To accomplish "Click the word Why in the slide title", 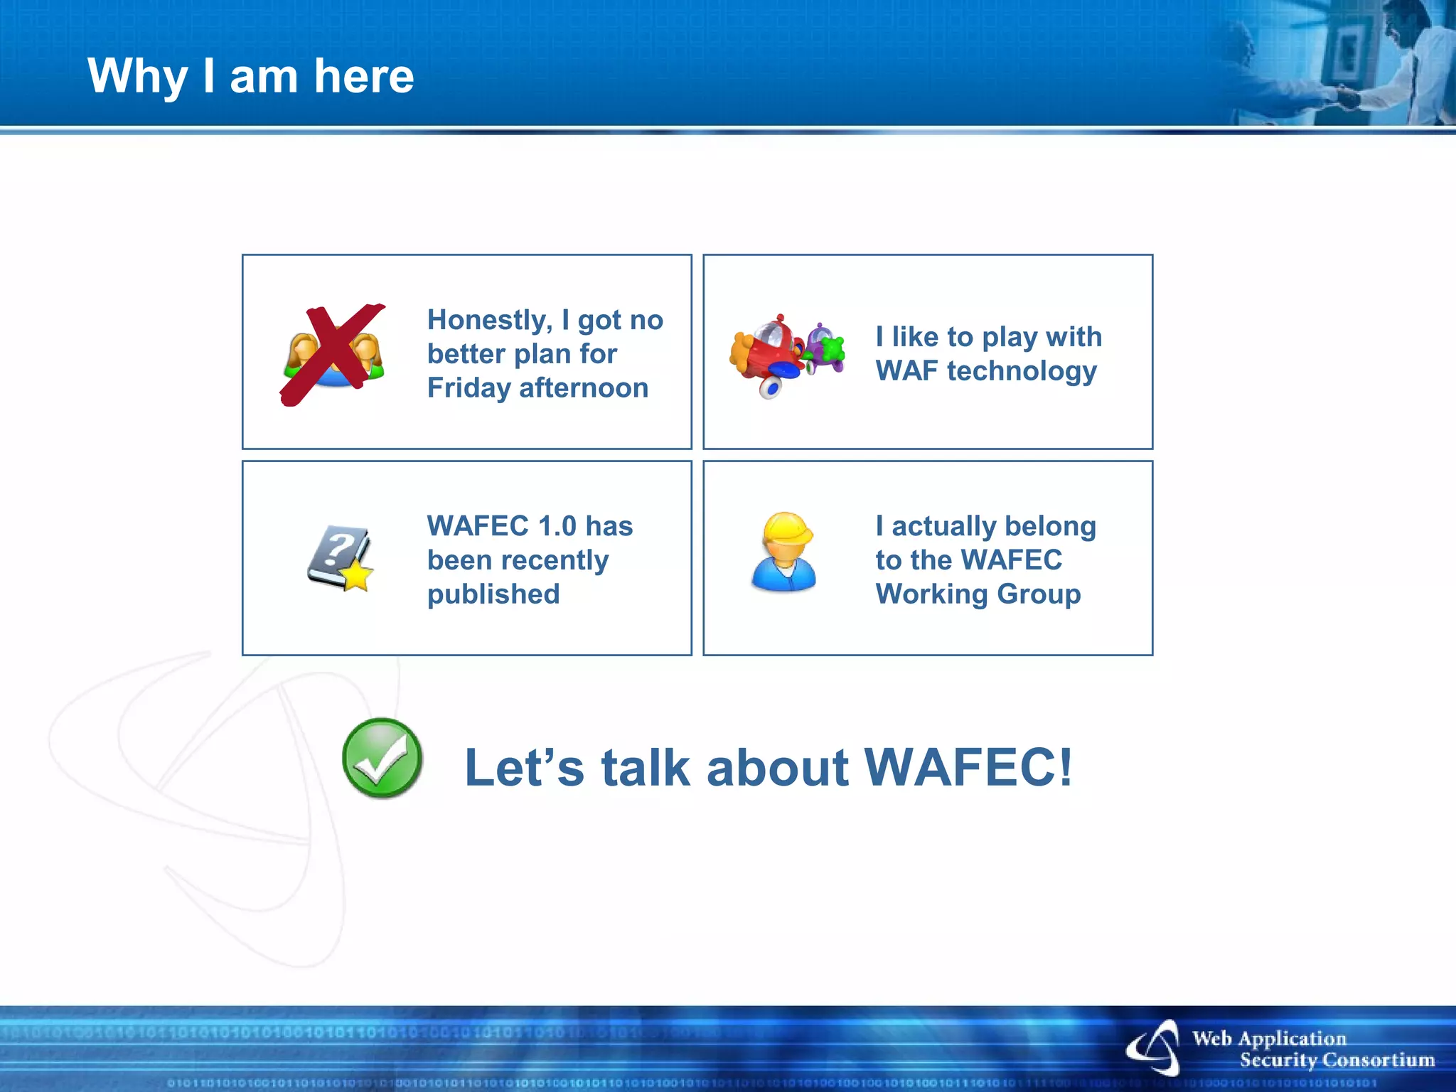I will point(137,76).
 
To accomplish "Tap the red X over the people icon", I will point(332,353).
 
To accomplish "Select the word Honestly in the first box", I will point(489,320).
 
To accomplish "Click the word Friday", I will point(469,388).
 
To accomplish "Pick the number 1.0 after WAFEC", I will point(557,526).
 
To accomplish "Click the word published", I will point(493,594).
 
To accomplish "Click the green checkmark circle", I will point(382,758).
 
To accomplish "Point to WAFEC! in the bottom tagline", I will point(968,768).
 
